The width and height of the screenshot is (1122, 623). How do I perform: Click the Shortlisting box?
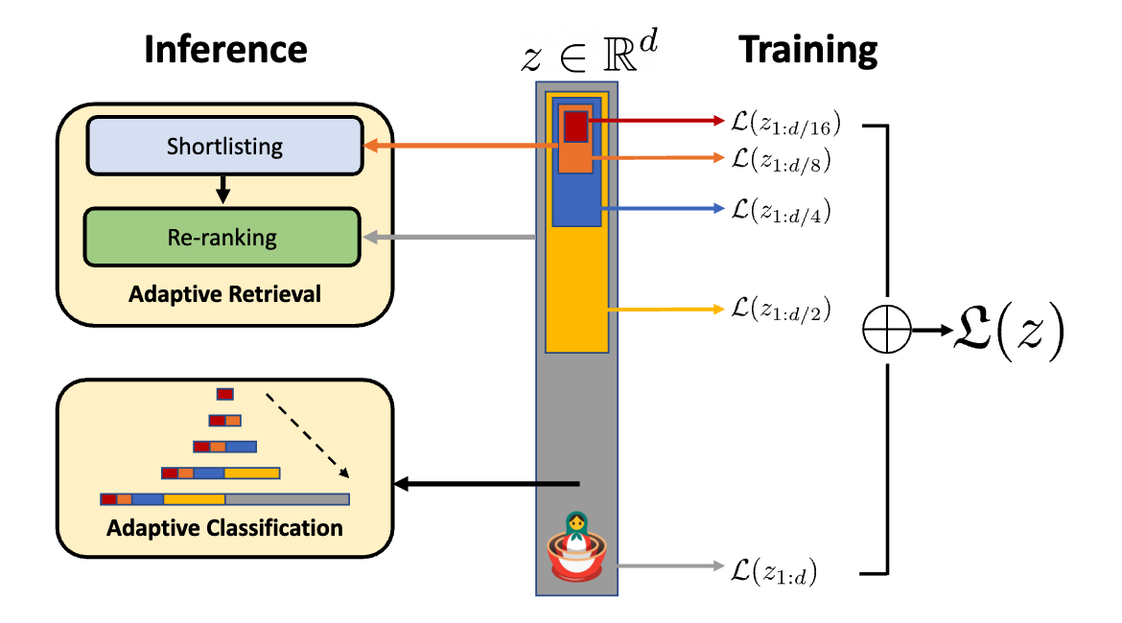(x=224, y=147)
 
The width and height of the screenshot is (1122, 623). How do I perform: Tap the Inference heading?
(x=225, y=50)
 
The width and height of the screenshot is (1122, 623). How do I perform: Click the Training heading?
(x=807, y=50)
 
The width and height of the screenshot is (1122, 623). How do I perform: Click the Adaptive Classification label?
(x=224, y=528)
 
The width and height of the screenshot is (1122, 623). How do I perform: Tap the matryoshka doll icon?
(x=575, y=545)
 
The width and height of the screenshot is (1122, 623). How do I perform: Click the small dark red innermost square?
(x=575, y=126)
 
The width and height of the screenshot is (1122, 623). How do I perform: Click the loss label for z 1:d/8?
(x=780, y=160)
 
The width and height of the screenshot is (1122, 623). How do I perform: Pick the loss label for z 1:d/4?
(x=780, y=210)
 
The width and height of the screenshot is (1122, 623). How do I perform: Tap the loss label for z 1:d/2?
(x=780, y=309)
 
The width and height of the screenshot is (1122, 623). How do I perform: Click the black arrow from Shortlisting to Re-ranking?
(x=223, y=190)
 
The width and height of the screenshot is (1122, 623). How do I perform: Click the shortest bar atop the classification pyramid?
(x=225, y=393)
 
